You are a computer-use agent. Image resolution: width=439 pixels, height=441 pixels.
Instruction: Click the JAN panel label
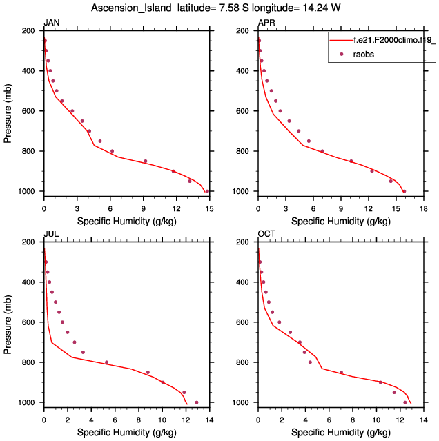coord(51,23)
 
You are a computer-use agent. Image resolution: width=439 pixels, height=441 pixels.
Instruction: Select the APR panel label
coord(266,23)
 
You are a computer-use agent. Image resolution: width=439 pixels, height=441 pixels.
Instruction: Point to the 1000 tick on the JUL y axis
coord(28,402)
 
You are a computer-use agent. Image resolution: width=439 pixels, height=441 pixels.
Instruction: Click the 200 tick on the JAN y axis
coord(30,31)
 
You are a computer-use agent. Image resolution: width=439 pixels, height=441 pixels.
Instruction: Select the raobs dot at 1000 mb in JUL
coord(197,402)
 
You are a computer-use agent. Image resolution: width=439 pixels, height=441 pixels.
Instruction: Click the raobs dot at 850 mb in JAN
coord(146,161)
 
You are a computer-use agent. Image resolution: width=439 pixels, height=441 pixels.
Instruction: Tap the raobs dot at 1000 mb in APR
coord(404,191)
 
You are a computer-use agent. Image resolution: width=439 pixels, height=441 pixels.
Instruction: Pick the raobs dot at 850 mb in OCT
coord(341,373)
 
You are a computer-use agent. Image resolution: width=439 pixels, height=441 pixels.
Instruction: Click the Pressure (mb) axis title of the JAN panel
coord(8,110)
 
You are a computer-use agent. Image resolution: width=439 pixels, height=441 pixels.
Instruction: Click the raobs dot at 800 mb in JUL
coord(106,362)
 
